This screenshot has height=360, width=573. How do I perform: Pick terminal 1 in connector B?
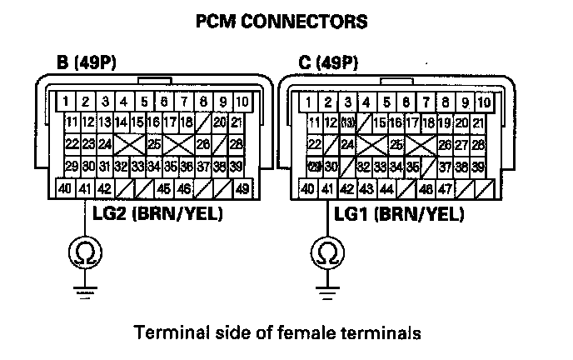[65, 102]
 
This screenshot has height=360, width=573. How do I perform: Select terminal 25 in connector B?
[154, 144]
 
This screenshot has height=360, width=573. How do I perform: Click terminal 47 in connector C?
[446, 188]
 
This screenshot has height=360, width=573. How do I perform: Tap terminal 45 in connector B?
[164, 188]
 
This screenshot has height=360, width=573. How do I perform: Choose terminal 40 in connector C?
[307, 188]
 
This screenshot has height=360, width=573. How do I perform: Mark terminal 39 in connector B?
[237, 166]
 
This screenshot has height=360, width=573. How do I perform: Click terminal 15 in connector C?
[380, 122]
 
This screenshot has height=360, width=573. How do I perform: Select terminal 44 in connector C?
[386, 188]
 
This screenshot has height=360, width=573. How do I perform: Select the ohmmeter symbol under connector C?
[326, 250]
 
